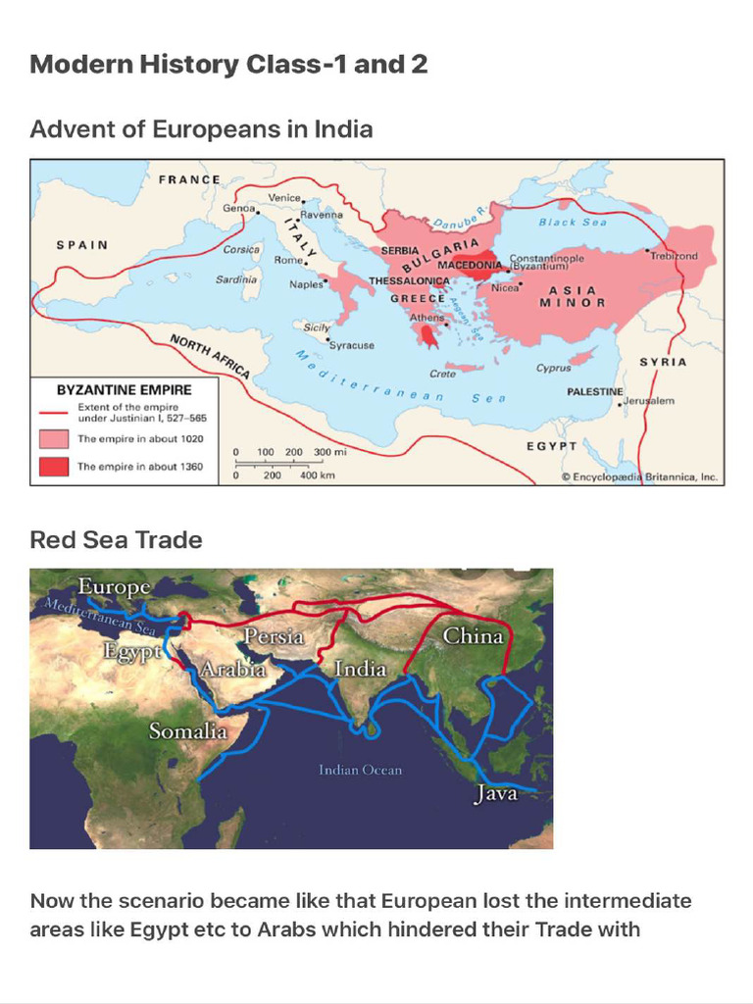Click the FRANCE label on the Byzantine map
point(189,179)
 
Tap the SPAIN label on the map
point(81,244)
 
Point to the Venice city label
point(284,198)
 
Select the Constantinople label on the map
point(547,258)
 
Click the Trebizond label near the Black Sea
point(674,256)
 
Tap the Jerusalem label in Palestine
point(650,401)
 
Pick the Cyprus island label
point(553,369)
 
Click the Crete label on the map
point(442,374)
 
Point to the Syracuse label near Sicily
point(352,345)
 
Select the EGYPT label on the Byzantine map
point(553,445)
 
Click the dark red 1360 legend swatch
point(54,467)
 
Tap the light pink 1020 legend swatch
point(54,438)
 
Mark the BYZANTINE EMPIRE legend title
point(125,389)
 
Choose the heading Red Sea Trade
point(116,540)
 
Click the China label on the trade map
point(473,635)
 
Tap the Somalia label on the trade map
point(187,730)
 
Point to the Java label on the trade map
point(495,793)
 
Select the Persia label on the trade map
point(274,636)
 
